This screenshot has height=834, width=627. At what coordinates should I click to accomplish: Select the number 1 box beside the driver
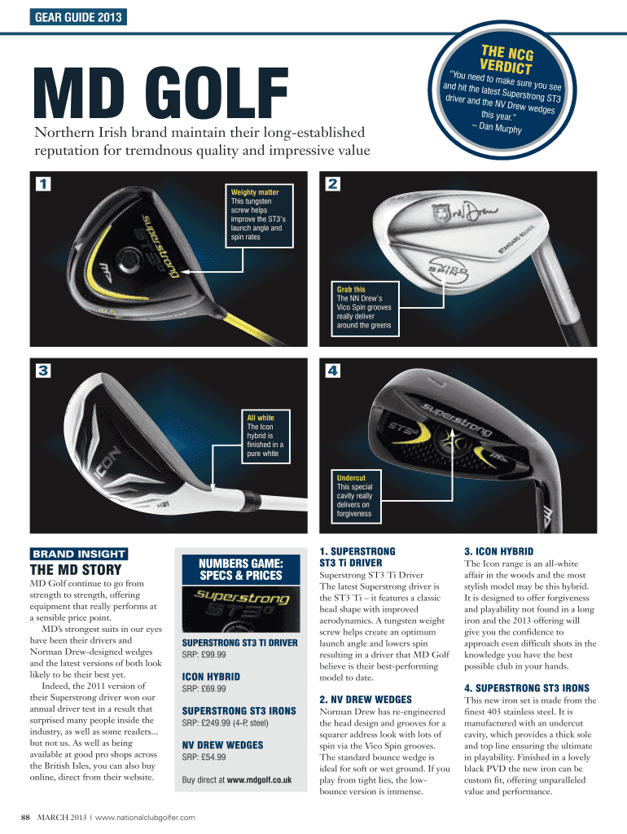[x=43, y=184]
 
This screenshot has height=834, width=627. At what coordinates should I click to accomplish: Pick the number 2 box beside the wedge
[x=331, y=184]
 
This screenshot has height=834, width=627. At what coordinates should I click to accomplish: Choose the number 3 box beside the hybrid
[x=43, y=371]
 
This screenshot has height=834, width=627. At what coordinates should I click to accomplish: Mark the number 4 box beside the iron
[x=331, y=371]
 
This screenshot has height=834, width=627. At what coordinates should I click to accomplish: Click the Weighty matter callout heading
[x=255, y=192]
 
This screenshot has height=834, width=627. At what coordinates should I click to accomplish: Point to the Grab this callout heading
[x=351, y=289]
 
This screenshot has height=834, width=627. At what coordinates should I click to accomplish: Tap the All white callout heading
[x=261, y=418]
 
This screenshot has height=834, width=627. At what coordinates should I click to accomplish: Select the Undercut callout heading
[x=351, y=477]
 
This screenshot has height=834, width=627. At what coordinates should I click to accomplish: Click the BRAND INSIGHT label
[x=78, y=554]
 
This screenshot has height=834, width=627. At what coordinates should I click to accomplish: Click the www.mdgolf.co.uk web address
[x=259, y=780]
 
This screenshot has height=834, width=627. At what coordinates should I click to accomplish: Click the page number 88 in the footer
[x=25, y=817]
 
